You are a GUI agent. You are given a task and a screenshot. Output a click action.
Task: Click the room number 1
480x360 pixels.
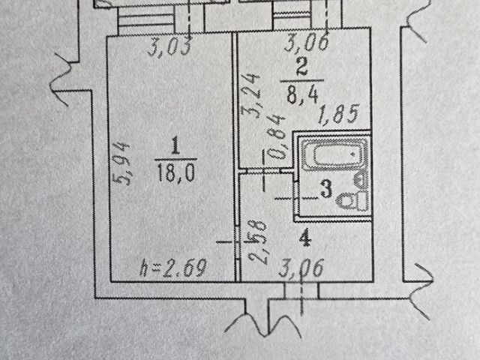(174, 142)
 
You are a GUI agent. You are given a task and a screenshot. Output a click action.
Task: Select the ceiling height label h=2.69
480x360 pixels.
(174, 267)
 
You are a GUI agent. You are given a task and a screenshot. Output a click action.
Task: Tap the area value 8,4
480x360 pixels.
(303, 94)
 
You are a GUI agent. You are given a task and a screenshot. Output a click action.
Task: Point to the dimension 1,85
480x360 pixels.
(340, 116)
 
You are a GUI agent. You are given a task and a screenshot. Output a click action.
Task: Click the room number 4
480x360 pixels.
(304, 240)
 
